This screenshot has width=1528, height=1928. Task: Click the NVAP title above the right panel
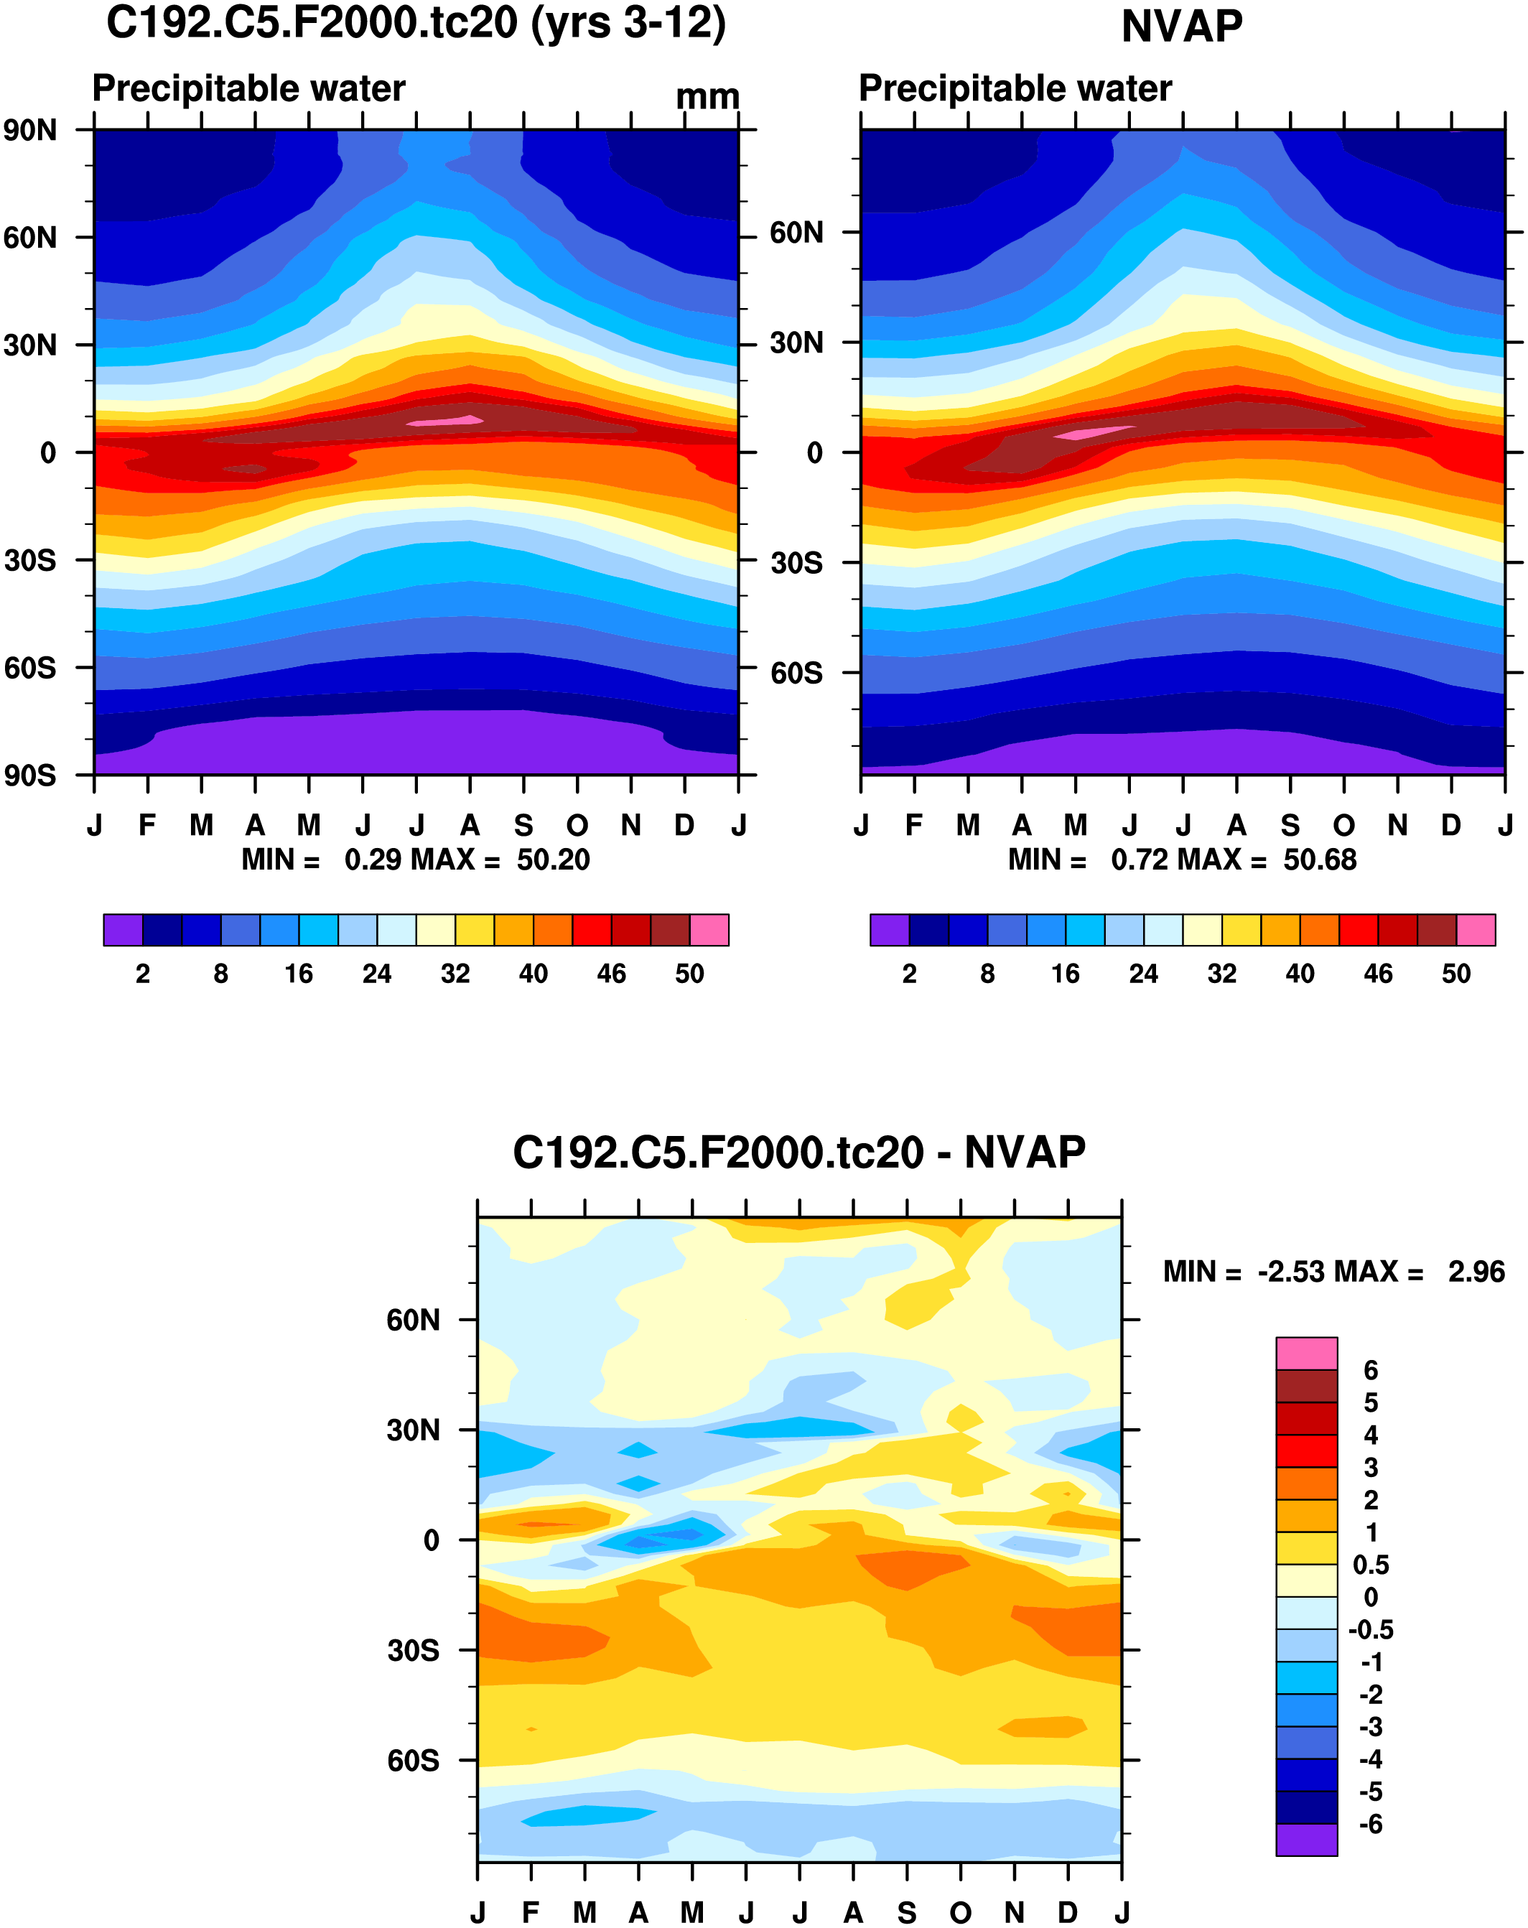point(1181,27)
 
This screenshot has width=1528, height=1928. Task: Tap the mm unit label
point(707,96)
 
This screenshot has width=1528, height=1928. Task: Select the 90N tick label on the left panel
point(30,131)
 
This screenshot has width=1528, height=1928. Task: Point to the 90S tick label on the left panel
point(30,776)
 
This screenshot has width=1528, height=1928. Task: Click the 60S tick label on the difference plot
point(413,1760)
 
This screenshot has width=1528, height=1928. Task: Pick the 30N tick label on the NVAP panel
point(796,343)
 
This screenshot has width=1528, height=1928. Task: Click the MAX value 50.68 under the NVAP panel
point(1320,860)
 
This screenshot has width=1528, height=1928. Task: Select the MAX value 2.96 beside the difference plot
point(1476,1272)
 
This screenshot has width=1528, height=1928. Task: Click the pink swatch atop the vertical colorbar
point(1306,1353)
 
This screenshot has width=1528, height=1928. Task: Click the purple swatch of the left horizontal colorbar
point(124,930)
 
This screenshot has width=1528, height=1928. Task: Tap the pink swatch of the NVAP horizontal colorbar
point(1476,930)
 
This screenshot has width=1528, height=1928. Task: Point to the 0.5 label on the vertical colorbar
point(1371,1564)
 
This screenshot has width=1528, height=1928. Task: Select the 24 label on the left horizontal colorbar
point(376,974)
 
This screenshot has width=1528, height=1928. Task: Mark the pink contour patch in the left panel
point(445,420)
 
